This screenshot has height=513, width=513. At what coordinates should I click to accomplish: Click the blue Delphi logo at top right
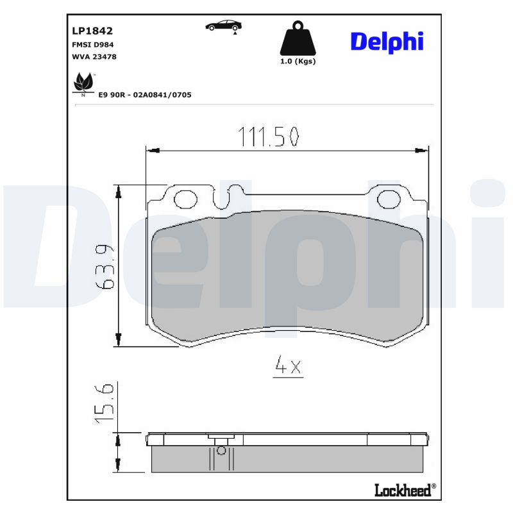tap(387, 42)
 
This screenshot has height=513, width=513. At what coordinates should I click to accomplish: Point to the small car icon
tap(224, 26)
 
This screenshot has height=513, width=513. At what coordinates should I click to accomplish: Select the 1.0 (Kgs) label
tap(298, 62)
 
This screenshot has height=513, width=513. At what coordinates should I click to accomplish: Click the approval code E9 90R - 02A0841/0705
tap(144, 94)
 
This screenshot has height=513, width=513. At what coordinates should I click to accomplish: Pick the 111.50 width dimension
tap(269, 137)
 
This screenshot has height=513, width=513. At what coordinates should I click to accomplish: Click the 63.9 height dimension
tap(107, 267)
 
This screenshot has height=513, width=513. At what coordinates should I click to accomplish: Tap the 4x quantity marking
tap(287, 366)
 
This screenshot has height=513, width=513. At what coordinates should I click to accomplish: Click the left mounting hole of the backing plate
tap(187, 199)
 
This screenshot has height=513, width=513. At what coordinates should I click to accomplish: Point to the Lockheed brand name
tap(403, 490)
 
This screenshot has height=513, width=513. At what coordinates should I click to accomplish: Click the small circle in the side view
tap(221, 450)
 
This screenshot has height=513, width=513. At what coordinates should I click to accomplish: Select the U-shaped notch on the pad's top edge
tap(229, 195)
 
